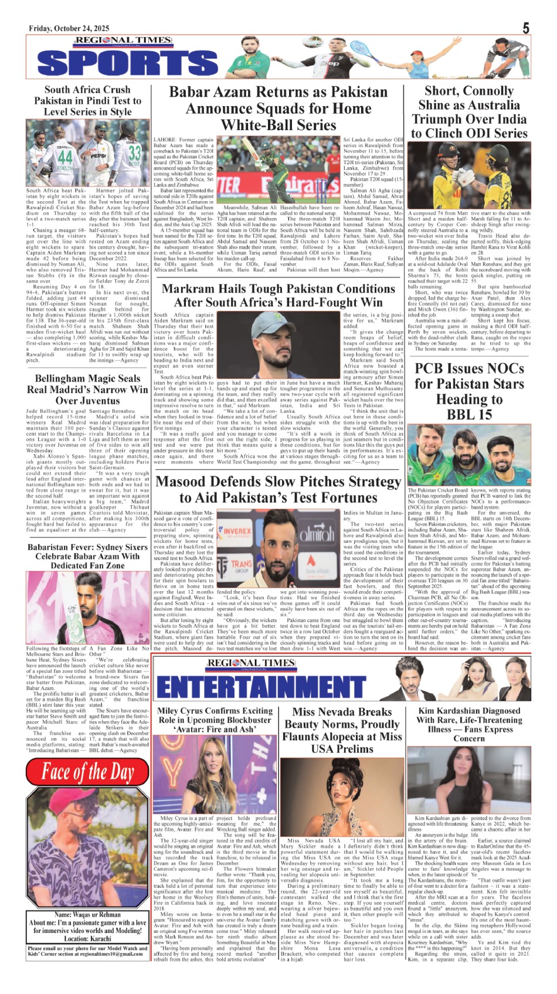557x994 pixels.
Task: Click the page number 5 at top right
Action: click(x=526, y=28)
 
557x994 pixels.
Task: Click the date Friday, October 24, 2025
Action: click(x=69, y=29)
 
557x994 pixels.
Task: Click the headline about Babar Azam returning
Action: click(x=278, y=108)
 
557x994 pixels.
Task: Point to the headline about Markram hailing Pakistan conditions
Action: click(x=278, y=296)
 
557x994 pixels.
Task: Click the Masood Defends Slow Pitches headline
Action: click(x=278, y=490)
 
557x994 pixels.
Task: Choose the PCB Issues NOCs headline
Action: click(x=469, y=391)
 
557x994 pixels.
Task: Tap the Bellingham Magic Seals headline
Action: click(x=87, y=389)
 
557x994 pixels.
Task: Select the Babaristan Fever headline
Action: click(x=87, y=556)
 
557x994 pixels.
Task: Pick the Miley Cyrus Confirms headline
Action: click(x=215, y=720)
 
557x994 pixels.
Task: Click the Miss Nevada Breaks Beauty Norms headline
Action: click(x=342, y=730)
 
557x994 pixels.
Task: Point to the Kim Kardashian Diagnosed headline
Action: click(x=469, y=724)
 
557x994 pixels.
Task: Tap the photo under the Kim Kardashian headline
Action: click(x=469, y=779)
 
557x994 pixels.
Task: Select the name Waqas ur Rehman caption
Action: click(x=87, y=914)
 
